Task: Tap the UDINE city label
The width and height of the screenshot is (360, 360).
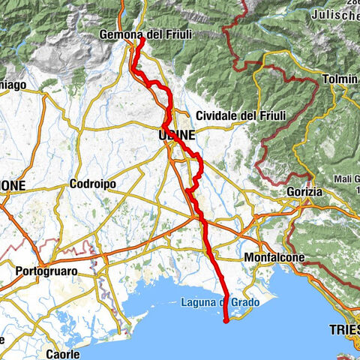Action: point(177,135)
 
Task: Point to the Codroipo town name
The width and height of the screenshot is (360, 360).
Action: point(91,184)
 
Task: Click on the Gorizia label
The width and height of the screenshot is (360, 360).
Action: point(304,192)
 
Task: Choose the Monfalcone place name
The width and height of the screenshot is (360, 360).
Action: point(274,257)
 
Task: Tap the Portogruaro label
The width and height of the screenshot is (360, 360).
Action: point(46,269)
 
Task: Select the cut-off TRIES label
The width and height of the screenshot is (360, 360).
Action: point(343,329)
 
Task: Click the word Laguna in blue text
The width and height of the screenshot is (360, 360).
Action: point(199,302)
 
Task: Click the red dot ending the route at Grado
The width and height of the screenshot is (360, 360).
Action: point(226,321)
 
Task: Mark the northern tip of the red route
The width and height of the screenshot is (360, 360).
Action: point(141,40)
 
